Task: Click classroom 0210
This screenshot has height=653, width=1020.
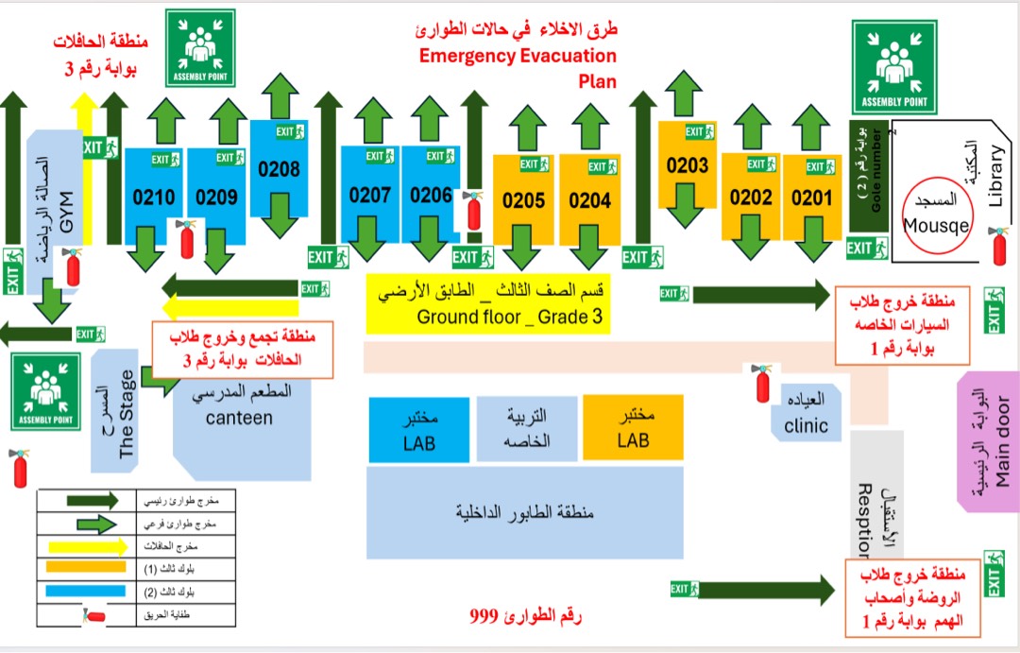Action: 154,198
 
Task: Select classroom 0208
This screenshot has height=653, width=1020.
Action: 279,170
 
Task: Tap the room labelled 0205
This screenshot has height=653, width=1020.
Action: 524,200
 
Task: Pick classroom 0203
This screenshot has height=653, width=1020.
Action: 687,165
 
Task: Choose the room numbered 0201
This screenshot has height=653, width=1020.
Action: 811,198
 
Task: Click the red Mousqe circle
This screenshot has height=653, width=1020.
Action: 937,215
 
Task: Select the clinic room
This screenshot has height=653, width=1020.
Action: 805,414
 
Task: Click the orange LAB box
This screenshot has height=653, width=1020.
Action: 633,430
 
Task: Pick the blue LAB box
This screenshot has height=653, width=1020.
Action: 417,430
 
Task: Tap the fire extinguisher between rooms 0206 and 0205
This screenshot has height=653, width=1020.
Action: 473,210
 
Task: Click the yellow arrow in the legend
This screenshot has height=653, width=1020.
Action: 81,545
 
